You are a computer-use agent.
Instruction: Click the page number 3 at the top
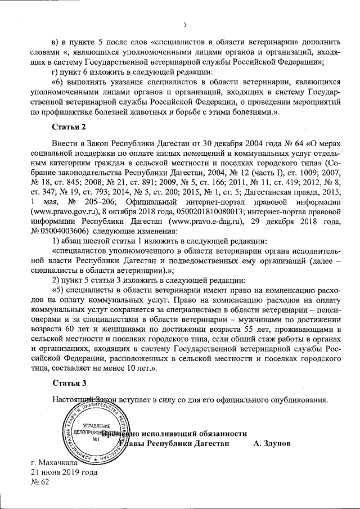click(184, 24)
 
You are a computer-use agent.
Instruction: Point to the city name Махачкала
click(57, 462)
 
